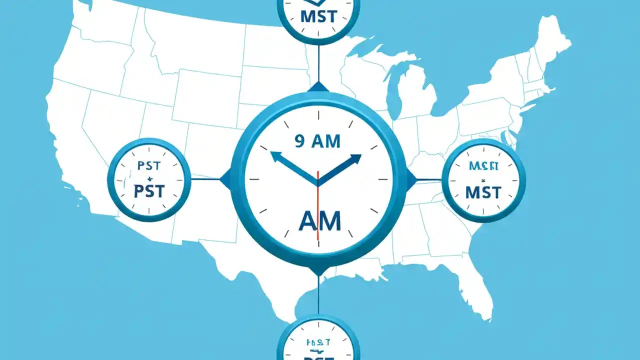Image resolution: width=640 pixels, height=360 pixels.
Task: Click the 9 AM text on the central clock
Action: pos(317,141)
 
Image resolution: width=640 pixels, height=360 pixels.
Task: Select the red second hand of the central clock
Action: pos(317,210)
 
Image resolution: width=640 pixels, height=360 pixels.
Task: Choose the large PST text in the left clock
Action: pos(149,191)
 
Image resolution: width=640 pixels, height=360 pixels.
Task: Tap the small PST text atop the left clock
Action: pos(148,166)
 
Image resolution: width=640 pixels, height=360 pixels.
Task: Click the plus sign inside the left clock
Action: pos(148,178)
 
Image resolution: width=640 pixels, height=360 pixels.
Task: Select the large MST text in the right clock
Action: pos(483,192)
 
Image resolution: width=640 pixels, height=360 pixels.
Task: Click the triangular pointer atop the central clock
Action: pos(318,88)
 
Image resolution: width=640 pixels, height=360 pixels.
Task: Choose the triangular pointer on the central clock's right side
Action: pos(410,179)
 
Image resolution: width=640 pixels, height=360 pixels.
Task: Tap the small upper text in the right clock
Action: pos(483,166)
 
